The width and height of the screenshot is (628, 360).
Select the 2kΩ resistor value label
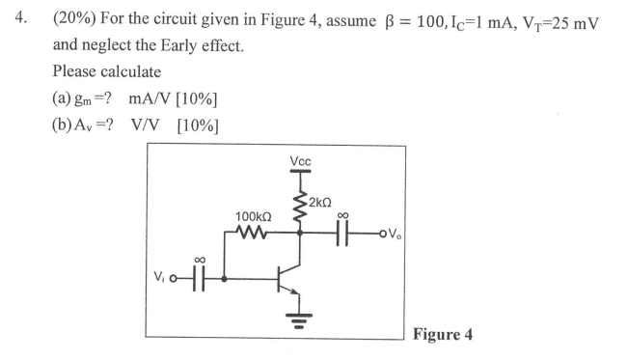pyautogui.click(x=323, y=202)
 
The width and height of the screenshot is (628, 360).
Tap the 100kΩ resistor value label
pyautogui.click(x=253, y=215)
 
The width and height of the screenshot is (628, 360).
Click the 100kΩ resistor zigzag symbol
pyautogui.click(x=254, y=232)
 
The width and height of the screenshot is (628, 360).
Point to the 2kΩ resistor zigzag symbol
pyautogui.click(x=299, y=203)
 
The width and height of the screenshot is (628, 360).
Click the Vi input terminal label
pyautogui.click(x=164, y=280)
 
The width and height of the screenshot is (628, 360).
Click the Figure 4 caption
pyautogui.click(x=442, y=335)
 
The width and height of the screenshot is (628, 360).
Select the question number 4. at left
pyautogui.click(x=15, y=19)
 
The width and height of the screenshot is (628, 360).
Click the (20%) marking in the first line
pyautogui.click(x=75, y=19)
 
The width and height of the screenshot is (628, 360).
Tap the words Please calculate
pyautogui.click(x=107, y=71)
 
